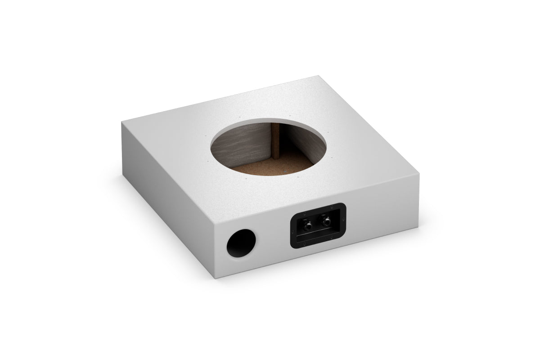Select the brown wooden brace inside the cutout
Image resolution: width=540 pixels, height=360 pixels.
(x=274, y=142)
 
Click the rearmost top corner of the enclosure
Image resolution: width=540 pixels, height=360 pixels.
(x=319, y=76)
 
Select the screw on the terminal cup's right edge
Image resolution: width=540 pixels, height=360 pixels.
(x=343, y=220)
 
